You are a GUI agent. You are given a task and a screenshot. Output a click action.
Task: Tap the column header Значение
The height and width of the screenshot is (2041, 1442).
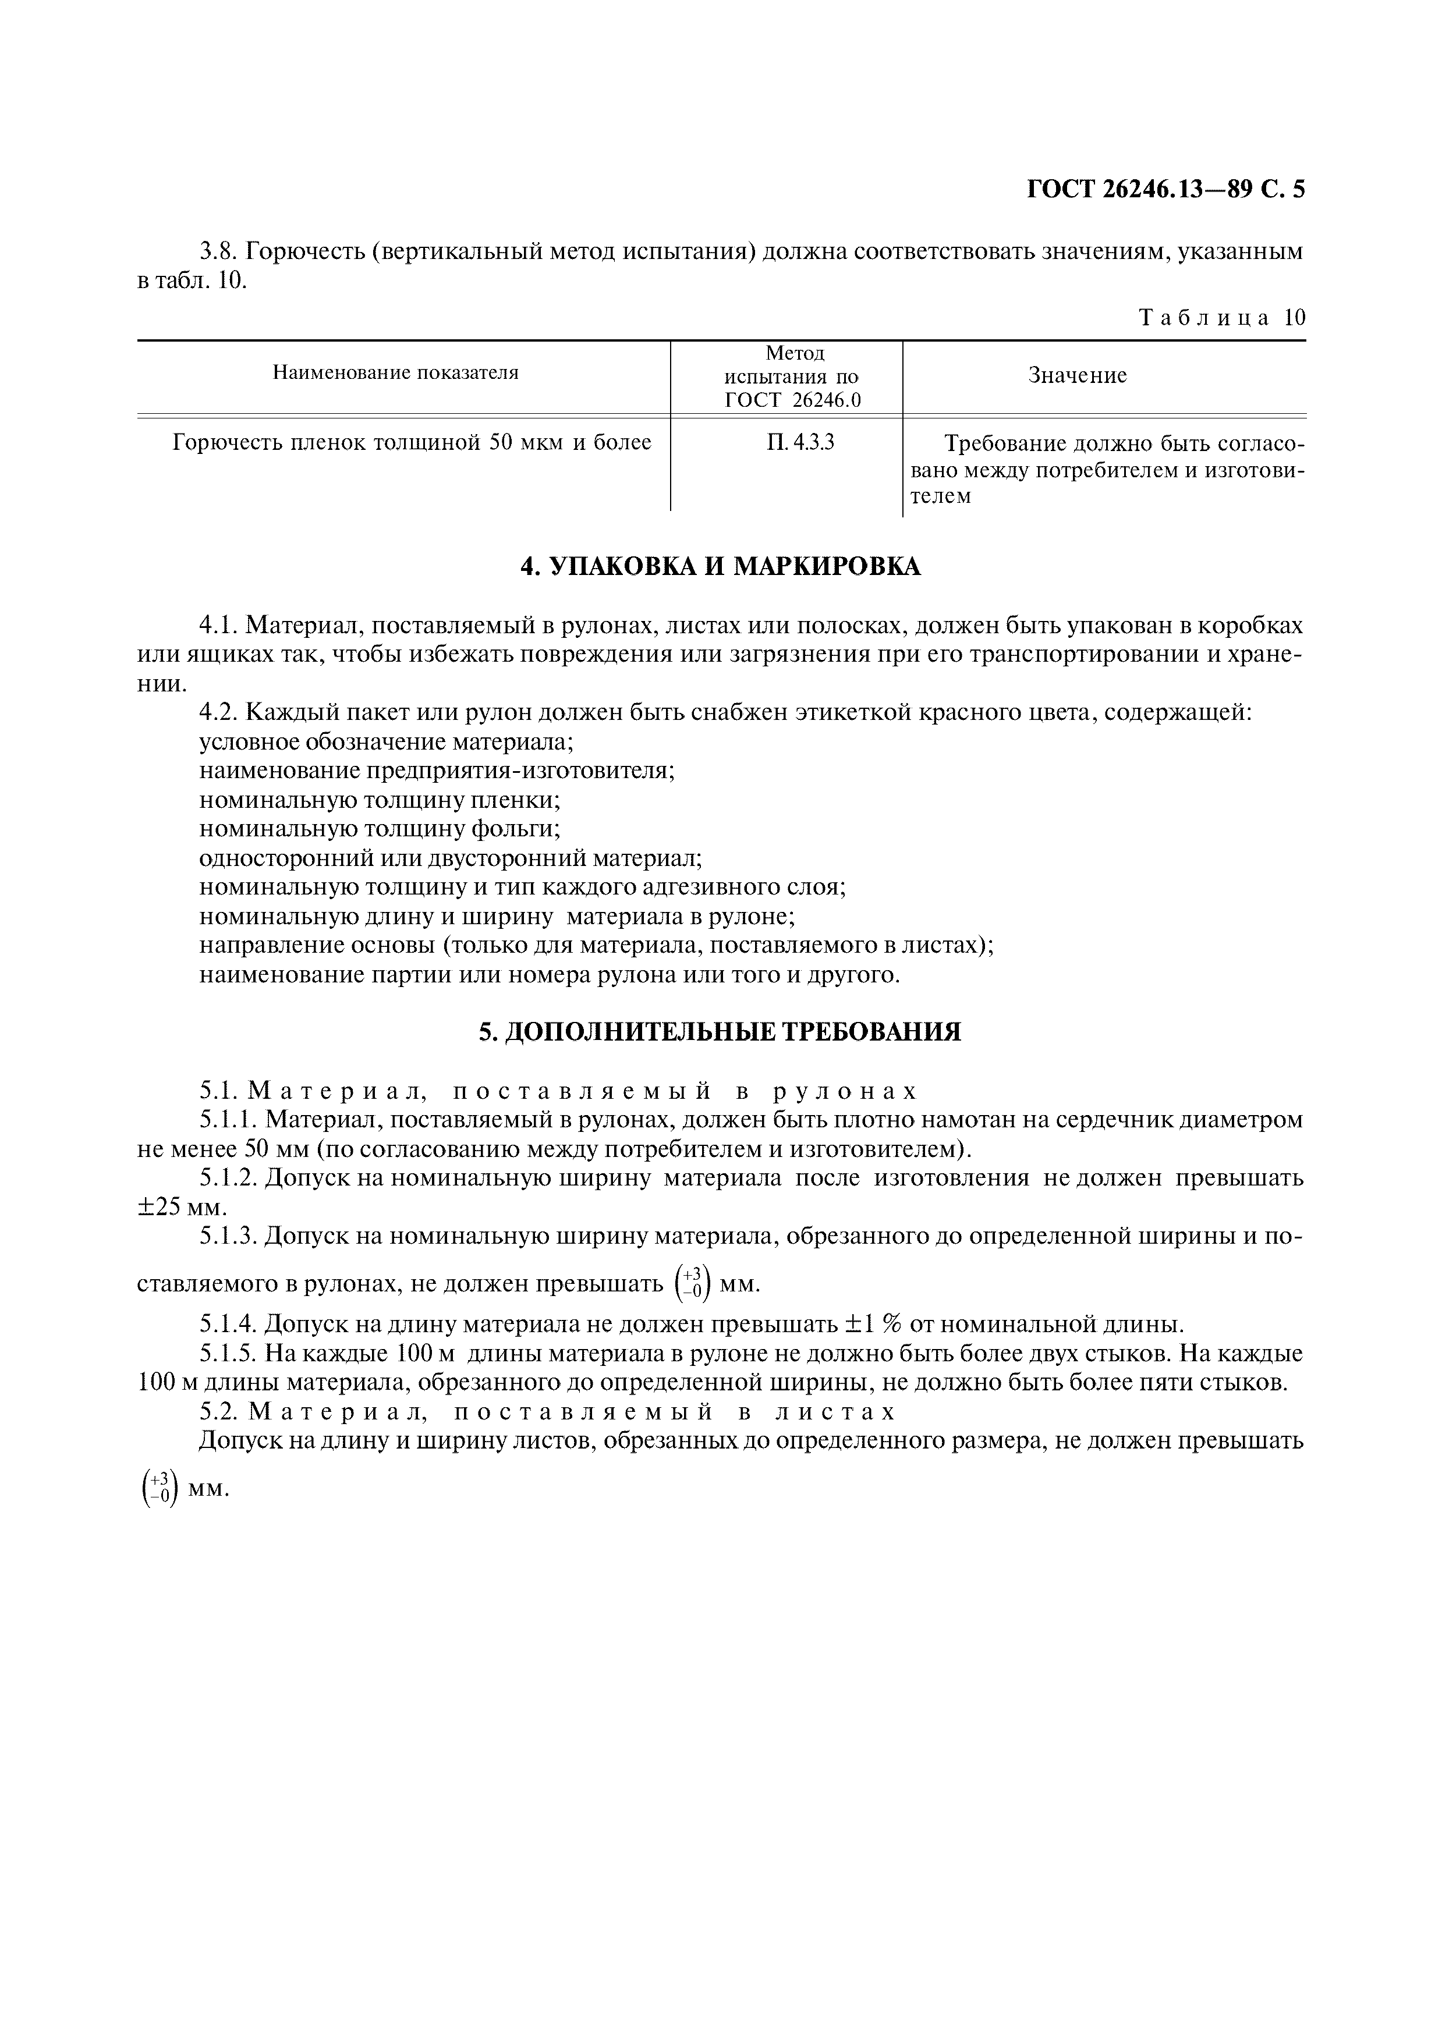(x=1078, y=375)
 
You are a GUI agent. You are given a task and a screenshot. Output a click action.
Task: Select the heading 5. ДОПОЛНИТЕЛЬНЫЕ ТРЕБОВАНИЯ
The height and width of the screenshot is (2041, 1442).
(x=720, y=1031)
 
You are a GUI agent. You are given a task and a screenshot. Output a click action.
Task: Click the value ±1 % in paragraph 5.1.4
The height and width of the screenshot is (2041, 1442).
(x=870, y=1325)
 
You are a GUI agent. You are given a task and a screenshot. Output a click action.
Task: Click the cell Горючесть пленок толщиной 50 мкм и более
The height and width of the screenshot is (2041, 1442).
(x=412, y=442)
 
